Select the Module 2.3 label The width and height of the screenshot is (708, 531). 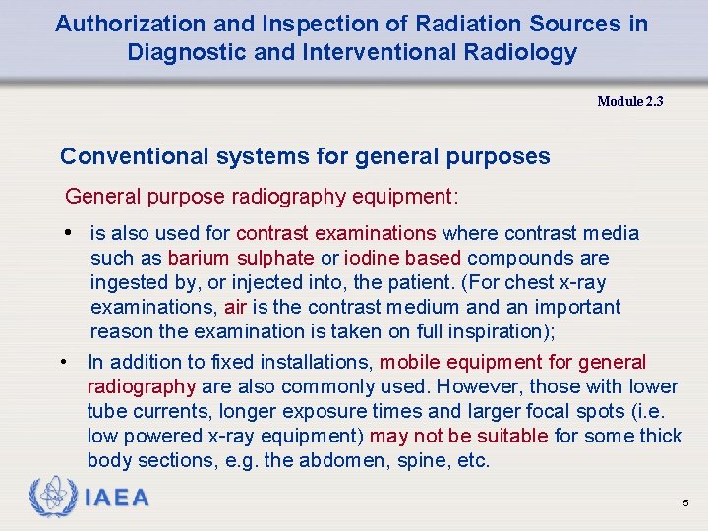tap(629, 101)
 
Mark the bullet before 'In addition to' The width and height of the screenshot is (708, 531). tap(65, 363)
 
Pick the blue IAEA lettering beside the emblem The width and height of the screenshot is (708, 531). tap(117, 498)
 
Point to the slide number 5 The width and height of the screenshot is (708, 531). tap(685, 503)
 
